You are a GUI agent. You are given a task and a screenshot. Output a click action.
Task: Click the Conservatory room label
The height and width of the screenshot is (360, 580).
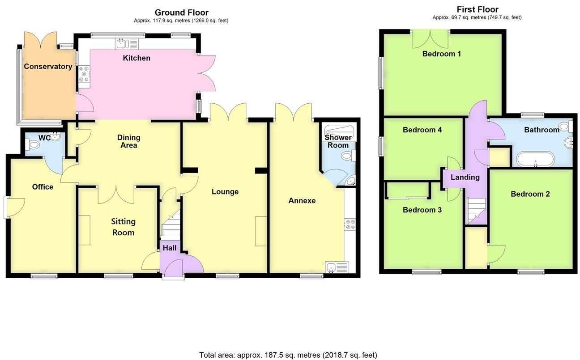(48, 67)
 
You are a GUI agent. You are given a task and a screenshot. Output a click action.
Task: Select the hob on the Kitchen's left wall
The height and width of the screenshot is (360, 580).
(84, 75)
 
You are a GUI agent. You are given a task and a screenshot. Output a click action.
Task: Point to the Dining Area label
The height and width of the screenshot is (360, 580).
(128, 141)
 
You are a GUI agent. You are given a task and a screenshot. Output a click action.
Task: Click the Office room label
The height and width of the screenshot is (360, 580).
(43, 187)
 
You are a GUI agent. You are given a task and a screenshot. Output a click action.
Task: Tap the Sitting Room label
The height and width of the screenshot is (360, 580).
(123, 227)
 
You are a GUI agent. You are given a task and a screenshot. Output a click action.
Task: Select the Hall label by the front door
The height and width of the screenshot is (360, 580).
(169, 248)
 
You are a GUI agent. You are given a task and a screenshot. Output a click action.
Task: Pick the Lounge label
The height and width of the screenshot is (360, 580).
(225, 192)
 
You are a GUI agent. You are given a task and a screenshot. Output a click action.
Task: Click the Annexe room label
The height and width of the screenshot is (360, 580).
(302, 201)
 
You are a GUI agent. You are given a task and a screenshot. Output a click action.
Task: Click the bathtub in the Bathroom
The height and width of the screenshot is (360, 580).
(535, 159)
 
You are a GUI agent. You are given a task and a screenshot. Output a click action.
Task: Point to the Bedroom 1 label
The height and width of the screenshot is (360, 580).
(442, 54)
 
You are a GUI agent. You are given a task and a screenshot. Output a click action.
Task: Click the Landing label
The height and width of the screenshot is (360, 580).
(465, 178)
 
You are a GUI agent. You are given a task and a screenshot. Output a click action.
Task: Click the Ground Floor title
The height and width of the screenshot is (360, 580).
(181, 13)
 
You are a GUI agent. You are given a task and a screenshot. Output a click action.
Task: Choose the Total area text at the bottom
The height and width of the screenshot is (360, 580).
(288, 355)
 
